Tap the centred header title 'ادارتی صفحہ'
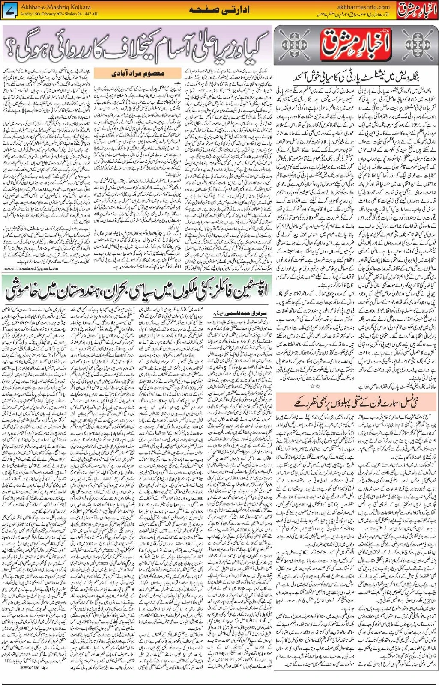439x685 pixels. (x=219, y=10)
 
